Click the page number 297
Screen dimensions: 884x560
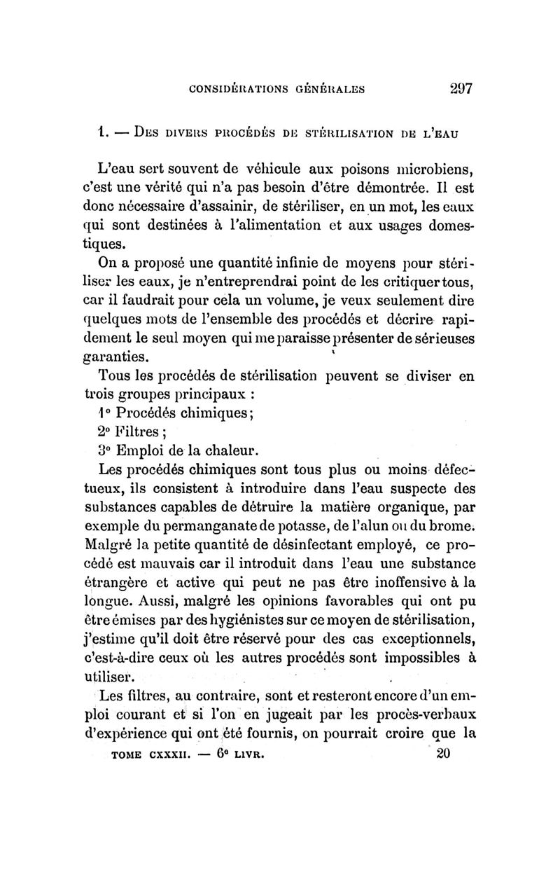458,89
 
